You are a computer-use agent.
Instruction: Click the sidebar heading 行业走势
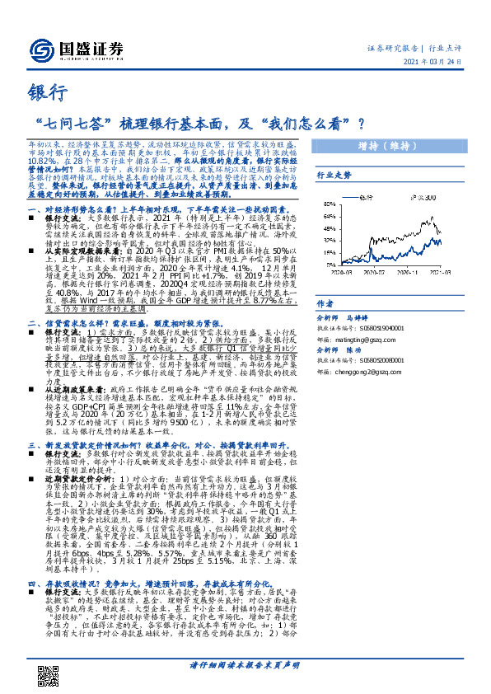pyautogui.click(x=333, y=176)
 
